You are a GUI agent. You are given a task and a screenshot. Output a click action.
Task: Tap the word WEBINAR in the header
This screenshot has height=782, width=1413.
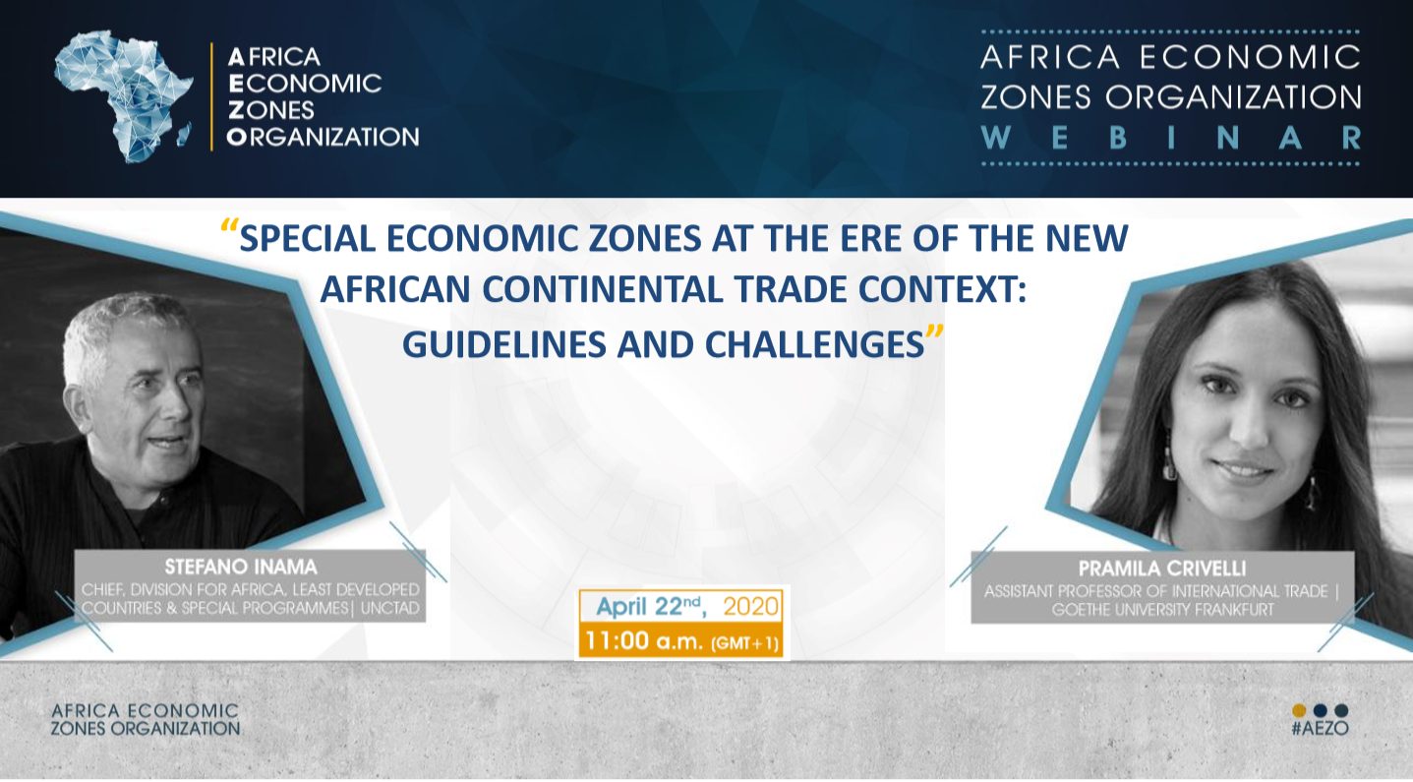click(1171, 138)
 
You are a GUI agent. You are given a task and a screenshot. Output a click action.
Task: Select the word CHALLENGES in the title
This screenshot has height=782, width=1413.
click(814, 344)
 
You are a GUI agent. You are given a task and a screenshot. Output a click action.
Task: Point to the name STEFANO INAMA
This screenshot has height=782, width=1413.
click(240, 567)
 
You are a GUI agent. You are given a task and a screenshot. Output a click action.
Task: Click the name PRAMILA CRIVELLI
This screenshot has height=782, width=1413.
click(1162, 569)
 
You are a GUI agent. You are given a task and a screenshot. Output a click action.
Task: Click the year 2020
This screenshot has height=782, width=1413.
click(751, 607)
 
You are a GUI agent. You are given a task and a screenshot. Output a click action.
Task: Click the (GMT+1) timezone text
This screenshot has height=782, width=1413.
click(744, 643)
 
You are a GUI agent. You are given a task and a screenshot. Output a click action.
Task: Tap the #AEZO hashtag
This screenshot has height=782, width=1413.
click(1320, 728)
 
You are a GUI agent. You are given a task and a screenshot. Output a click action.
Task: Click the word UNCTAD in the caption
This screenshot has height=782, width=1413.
click(389, 609)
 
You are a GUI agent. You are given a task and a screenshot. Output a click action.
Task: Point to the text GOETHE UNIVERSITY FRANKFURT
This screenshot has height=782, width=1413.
click(1162, 610)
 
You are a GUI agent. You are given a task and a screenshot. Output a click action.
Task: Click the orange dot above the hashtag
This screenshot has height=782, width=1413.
click(1299, 710)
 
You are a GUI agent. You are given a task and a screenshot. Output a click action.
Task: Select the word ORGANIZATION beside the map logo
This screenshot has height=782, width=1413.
click(323, 137)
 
